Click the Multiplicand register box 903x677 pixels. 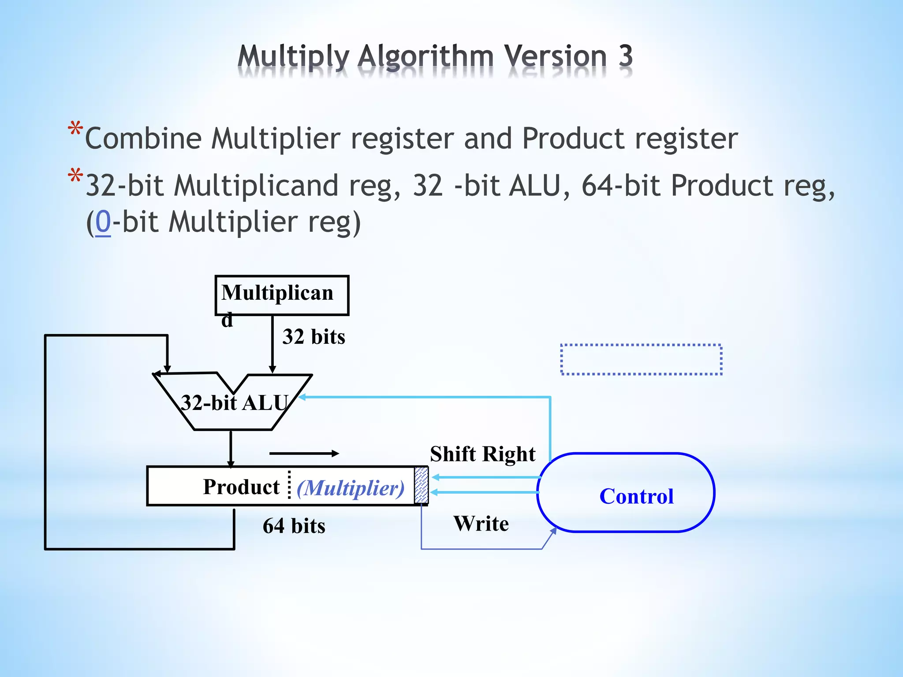tap(282, 295)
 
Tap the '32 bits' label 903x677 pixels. tap(313, 337)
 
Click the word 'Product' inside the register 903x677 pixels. tap(241, 487)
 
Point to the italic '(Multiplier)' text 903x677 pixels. tap(351, 488)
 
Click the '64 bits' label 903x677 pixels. tap(294, 526)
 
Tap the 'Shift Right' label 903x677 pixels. tap(483, 454)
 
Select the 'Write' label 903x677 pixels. tap(481, 524)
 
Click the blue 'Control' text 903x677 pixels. tap(636, 496)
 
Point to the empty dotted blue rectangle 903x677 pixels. tap(641, 359)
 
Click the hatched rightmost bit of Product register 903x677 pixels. tap(421, 485)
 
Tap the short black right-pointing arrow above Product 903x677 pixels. tap(304, 453)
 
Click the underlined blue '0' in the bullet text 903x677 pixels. tap(103, 221)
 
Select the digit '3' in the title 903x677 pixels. tap(625, 56)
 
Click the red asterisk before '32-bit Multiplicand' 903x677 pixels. tap(75, 176)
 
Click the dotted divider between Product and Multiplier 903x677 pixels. tap(289, 485)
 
